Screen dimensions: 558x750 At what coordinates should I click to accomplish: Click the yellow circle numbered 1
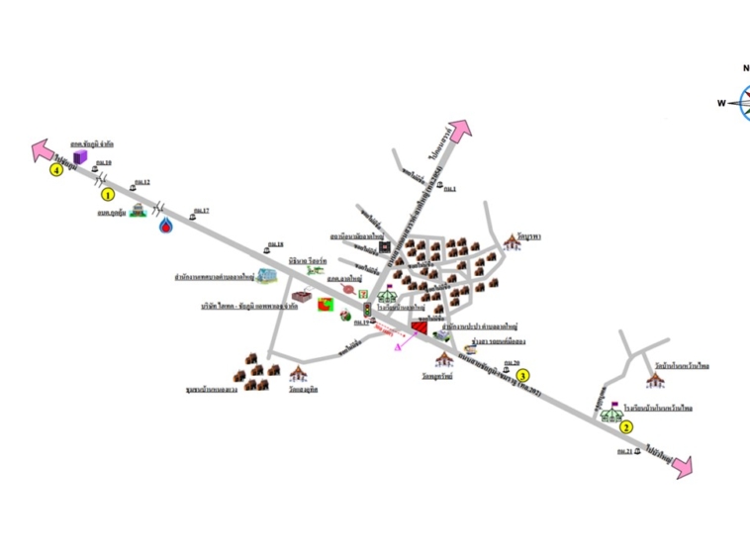tap(108, 196)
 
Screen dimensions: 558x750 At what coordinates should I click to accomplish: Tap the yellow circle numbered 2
tap(626, 427)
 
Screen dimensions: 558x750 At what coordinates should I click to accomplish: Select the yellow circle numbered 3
tap(525, 375)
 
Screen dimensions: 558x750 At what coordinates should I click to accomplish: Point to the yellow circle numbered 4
tap(57, 170)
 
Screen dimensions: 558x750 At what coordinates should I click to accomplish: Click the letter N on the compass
tap(745, 68)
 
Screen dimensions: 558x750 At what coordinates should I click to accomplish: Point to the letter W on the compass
tap(721, 103)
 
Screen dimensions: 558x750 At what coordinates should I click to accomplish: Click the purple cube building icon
tap(82, 155)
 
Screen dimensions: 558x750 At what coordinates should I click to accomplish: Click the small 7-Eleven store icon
tap(363, 295)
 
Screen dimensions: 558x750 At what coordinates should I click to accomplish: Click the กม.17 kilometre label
tap(202, 210)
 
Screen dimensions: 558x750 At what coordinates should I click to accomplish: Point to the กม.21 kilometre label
tap(624, 451)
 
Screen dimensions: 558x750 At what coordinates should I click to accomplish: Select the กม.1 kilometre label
tap(449, 188)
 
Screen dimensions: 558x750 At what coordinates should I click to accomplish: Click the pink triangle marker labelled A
tap(399, 346)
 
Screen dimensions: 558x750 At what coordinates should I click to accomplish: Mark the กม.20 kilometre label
tap(511, 363)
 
